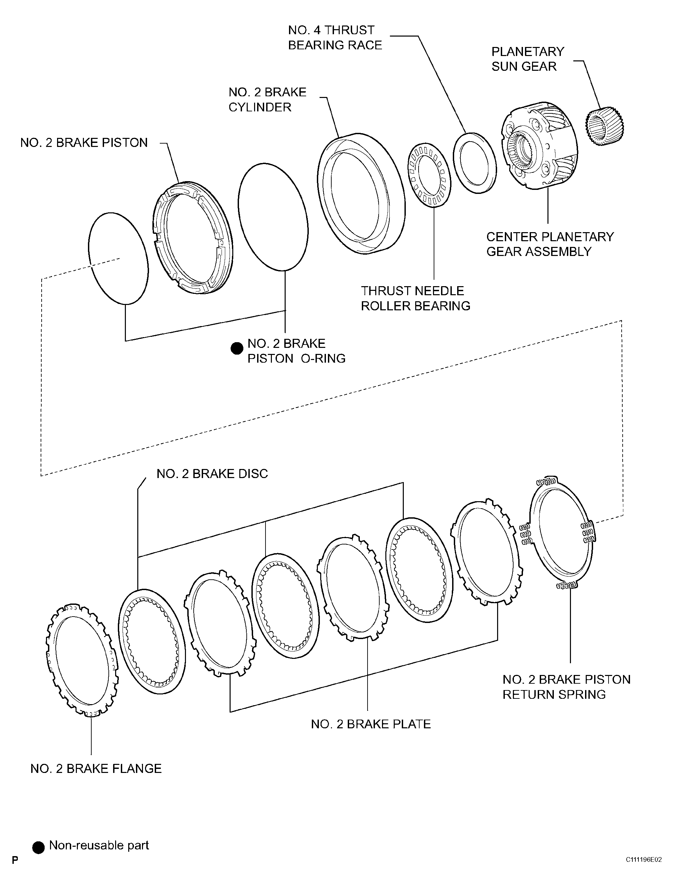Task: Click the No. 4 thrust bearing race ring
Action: pyautogui.click(x=474, y=163)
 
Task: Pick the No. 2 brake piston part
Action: pyautogui.click(x=193, y=238)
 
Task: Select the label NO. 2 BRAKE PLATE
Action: pyautogui.click(x=370, y=724)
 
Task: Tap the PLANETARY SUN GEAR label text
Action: pyautogui.click(x=527, y=59)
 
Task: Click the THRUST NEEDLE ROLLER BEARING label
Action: pyautogui.click(x=415, y=298)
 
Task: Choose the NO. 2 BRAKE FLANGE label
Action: pyautogui.click(x=96, y=769)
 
